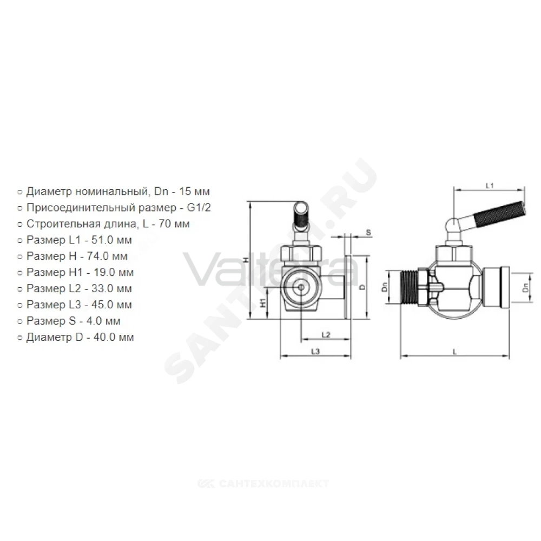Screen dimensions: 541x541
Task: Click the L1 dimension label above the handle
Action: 489,186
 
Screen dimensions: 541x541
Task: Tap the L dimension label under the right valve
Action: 455,352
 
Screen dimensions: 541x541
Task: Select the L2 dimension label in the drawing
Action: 326,335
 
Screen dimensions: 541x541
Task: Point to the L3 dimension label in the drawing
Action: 315,352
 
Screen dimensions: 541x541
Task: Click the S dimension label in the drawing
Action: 368,232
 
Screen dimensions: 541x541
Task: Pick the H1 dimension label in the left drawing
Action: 263,302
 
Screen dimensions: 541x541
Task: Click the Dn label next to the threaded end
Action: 385,287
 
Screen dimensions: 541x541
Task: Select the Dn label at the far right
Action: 525,287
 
